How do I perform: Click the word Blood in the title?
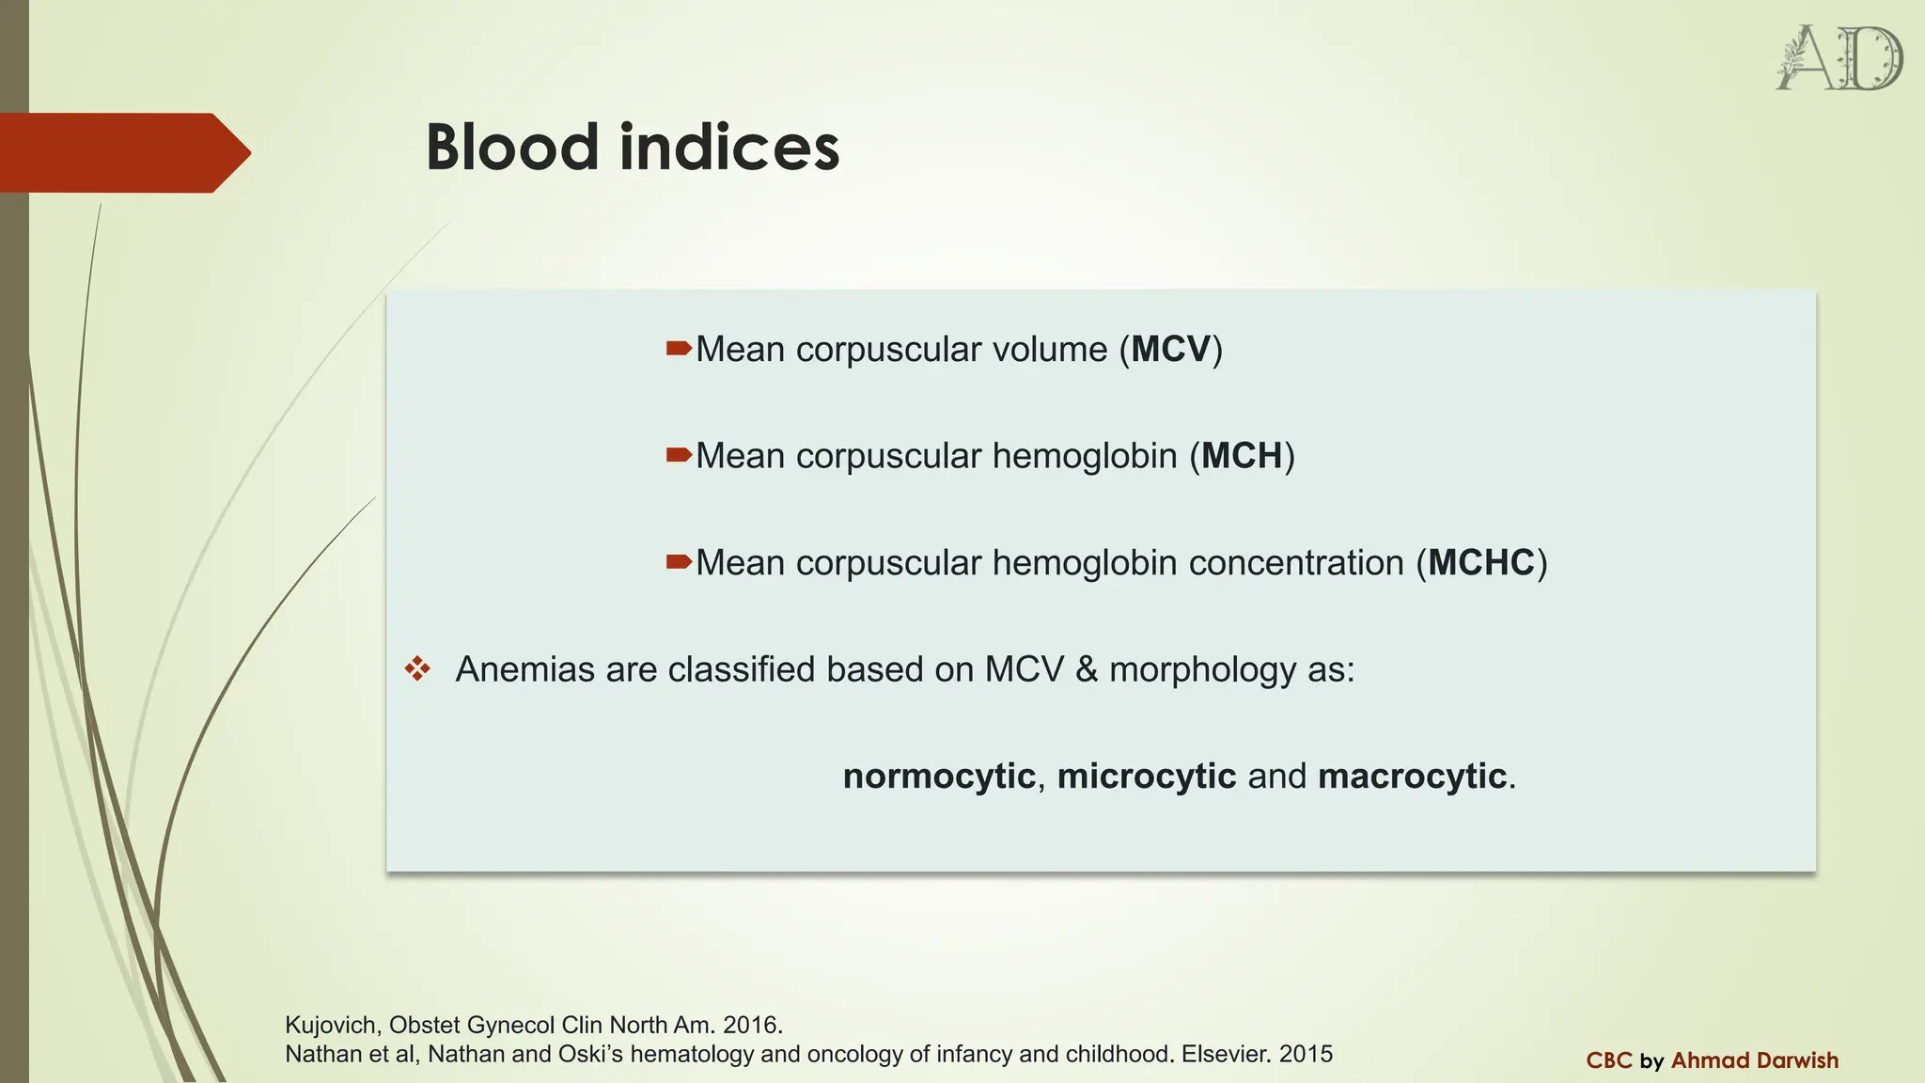512,149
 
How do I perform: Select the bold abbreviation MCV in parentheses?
1170,350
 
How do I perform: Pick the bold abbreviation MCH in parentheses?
1242,456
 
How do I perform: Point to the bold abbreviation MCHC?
1481,563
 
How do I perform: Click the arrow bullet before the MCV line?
679,350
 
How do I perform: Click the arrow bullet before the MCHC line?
679,563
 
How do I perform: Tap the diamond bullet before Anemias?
417,669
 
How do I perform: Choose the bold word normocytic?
938,777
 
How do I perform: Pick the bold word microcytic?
1146,777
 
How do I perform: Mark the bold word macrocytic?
1412,777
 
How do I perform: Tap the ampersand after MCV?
1087,669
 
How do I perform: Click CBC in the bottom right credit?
1608,1060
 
